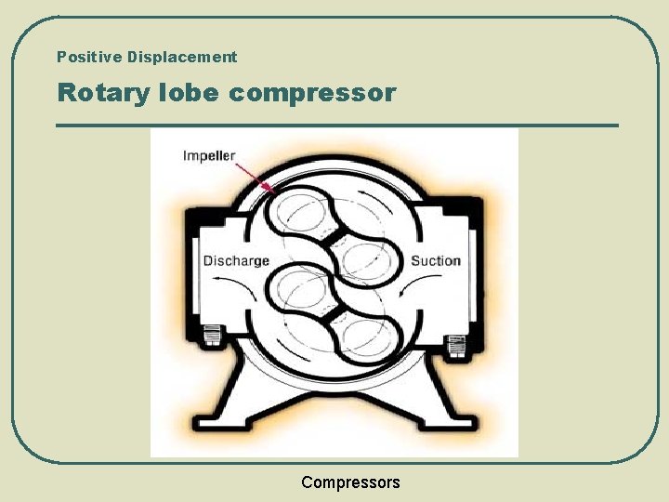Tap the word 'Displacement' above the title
click(182, 57)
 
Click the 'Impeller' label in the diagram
click(209, 155)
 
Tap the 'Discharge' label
click(236, 260)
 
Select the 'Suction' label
click(436, 260)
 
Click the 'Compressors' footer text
click(350, 482)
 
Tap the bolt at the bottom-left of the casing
click(211, 336)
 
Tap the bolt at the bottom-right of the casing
click(455, 344)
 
